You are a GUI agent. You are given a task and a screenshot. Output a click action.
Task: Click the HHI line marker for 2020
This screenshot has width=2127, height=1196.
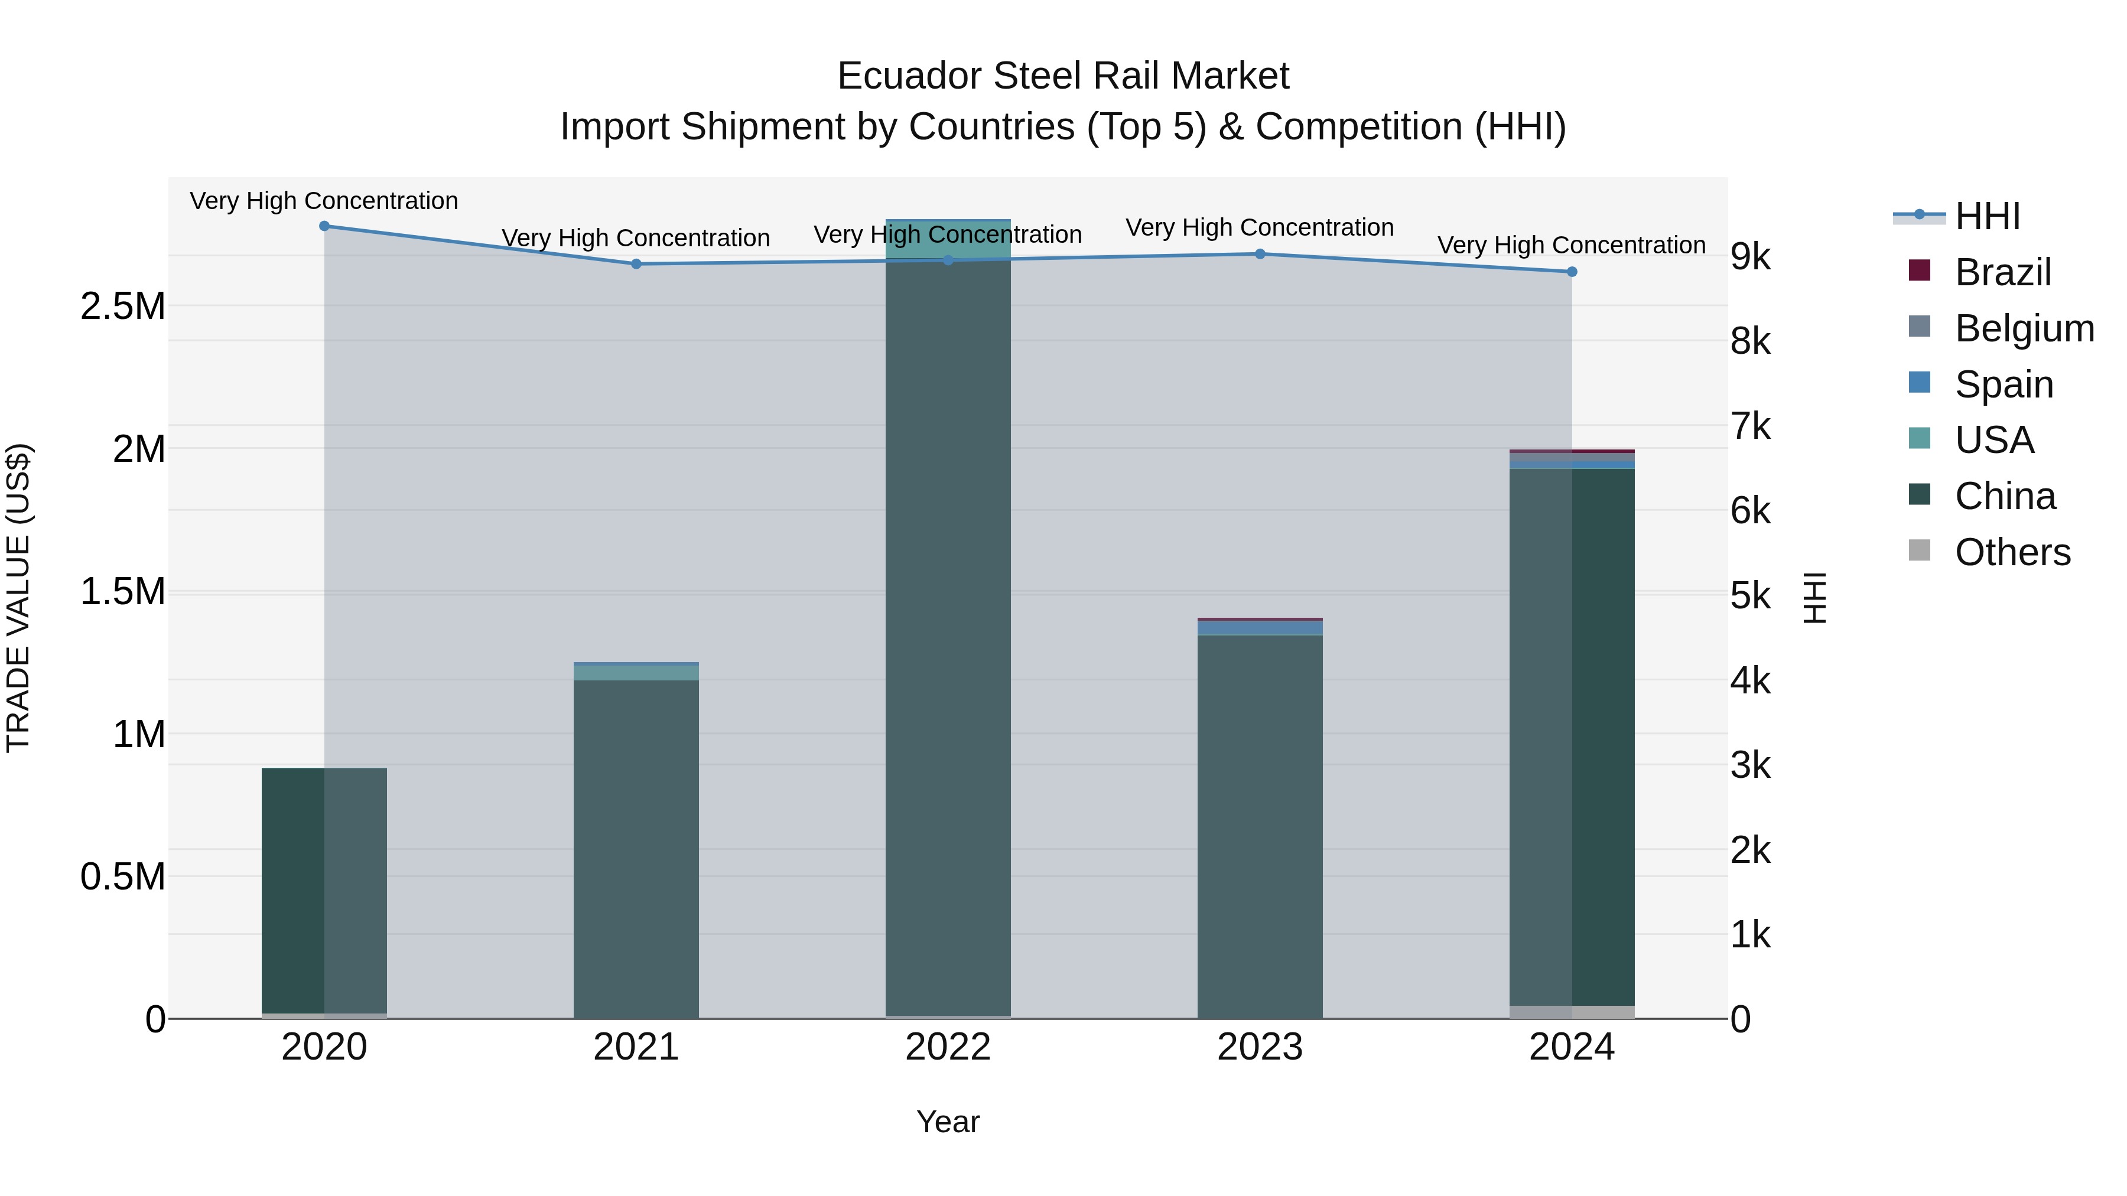point(324,226)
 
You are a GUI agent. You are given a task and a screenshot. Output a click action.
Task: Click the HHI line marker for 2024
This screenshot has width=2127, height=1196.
point(1572,272)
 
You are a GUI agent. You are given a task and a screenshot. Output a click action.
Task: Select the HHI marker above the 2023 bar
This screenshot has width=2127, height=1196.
point(1260,254)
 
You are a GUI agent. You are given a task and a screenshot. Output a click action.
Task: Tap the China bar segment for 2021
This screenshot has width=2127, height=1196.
point(636,850)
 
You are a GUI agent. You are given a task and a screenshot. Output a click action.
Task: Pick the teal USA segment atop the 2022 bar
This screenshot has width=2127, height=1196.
point(948,239)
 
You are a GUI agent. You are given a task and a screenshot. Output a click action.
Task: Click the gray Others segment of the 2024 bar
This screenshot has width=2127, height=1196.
point(1572,1012)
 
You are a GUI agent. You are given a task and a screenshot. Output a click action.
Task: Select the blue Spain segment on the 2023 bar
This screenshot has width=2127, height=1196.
point(1260,627)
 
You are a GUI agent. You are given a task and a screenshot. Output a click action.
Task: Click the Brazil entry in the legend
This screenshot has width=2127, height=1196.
point(2002,272)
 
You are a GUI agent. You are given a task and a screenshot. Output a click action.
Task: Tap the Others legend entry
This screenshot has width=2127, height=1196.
point(2012,552)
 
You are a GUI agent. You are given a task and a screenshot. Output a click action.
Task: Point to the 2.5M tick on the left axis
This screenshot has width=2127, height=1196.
point(122,306)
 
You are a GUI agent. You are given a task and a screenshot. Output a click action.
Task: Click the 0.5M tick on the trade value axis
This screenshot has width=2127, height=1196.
point(122,876)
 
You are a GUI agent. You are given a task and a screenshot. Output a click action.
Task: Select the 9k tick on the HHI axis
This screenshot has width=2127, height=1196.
point(1751,257)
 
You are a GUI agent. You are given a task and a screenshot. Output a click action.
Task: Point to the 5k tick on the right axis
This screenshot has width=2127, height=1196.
point(1751,596)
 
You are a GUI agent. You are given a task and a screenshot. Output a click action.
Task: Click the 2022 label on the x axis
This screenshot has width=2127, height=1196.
point(948,1047)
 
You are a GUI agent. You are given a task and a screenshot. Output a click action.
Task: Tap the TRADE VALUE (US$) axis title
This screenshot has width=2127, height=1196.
point(18,598)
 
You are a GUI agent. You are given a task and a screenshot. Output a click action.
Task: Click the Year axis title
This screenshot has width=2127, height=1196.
point(948,1122)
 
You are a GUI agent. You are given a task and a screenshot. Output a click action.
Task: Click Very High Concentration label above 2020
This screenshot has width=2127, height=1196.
point(324,201)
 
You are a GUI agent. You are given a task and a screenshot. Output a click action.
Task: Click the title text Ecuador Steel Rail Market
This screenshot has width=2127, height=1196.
point(1063,76)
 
